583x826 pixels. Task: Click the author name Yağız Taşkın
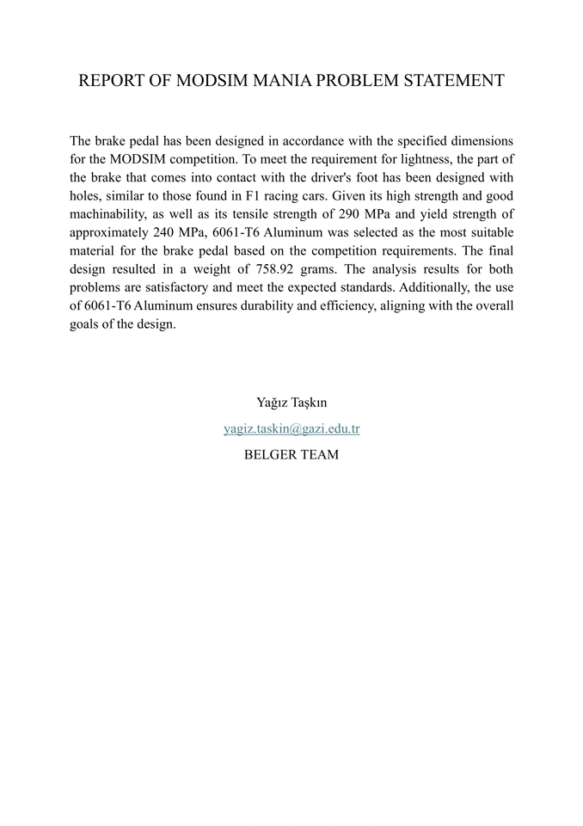click(291, 403)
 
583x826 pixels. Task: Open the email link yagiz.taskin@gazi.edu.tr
click(291, 428)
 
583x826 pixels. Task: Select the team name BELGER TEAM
click(291, 454)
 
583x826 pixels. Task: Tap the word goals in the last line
click(85, 325)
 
